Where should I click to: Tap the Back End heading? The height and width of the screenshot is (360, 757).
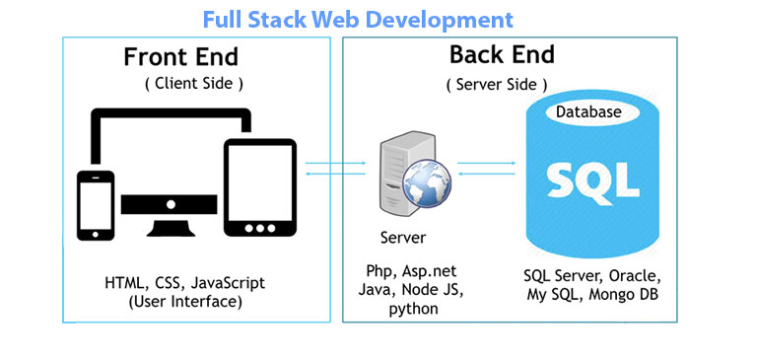[502, 53]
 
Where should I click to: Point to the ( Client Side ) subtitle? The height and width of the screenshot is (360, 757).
[194, 84]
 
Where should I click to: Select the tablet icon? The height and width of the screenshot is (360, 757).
[260, 188]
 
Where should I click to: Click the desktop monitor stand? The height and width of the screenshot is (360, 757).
[170, 222]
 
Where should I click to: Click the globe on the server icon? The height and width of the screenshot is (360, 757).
[425, 186]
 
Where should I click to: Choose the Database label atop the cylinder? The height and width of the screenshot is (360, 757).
[588, 112]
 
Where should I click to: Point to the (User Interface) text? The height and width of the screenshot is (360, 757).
[185, 301]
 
